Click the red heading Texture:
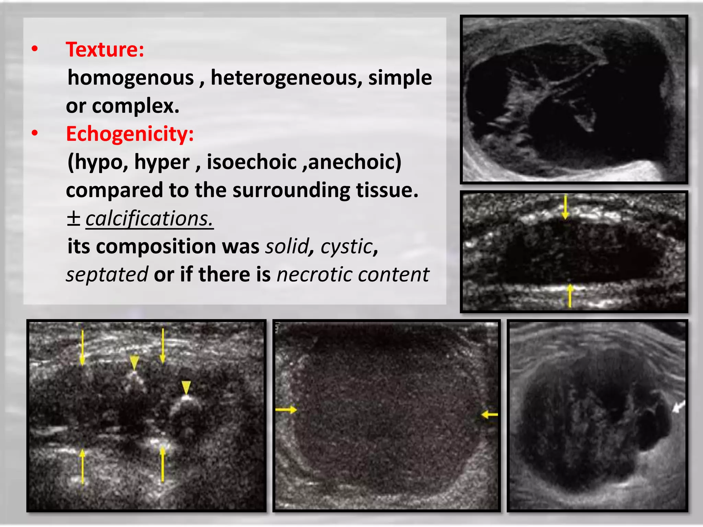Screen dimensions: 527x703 pyautogui.click(x=105, y=50)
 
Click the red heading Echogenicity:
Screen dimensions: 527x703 pyautogui.click(x=130, y=134)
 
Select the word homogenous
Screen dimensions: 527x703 pyautogui.click(x=131, y=78)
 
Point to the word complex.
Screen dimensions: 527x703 pyautogui.click(x=136, y=106)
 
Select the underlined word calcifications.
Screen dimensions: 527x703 pyautogui.click(x=149, y=219)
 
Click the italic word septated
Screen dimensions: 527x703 pyautogui.click(x=107, y=274)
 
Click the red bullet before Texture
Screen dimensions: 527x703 pyautogui.click(x=35, y=49)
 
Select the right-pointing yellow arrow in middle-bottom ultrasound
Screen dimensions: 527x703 pyautogui.click(x=286, y=410)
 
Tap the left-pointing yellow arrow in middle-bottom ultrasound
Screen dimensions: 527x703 pyautogui.click(x=489, y=415)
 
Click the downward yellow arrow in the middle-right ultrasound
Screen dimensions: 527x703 pyautogui.click(x=565, y=207)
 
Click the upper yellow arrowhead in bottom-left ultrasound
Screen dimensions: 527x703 pyautogui.click(x=134, y=362)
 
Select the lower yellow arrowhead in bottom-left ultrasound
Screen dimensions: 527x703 pyautogui.click(x=186, y=388)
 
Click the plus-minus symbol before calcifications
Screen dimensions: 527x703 pyautogui.click(x=73, y=219)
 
